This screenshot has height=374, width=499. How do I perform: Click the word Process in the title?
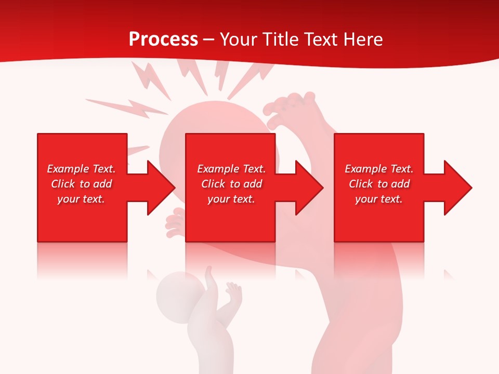coord(163,39)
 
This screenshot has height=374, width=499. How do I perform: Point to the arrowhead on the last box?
coord(457,188)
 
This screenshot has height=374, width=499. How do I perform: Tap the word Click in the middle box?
coord(213,184)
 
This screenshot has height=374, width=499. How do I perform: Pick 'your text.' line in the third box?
coord(378,199)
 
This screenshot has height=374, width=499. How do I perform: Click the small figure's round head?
coord(176,291)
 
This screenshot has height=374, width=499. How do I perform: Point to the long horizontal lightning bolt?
coord(127,107)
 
